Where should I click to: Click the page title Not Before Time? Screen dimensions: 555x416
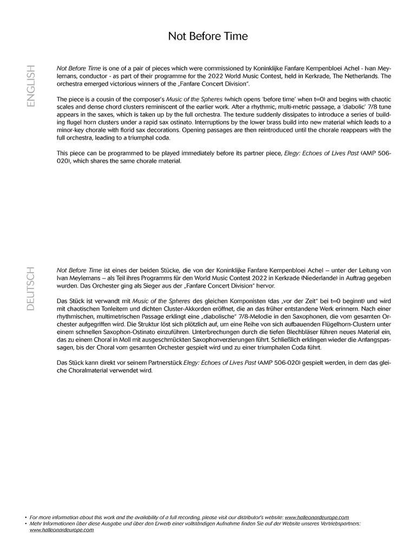pyautogui.click(x=207, y=36)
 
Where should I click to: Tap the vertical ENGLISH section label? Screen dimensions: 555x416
pyautogui.click(x=31, y=86)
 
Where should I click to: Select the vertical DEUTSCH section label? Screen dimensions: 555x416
pyautogui.click(x=31, y=288)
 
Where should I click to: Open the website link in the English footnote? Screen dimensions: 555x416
pyautogui.click(x=317, y=518)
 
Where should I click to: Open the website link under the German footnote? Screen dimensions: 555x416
pyautogui.click(x=61, y=530)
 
